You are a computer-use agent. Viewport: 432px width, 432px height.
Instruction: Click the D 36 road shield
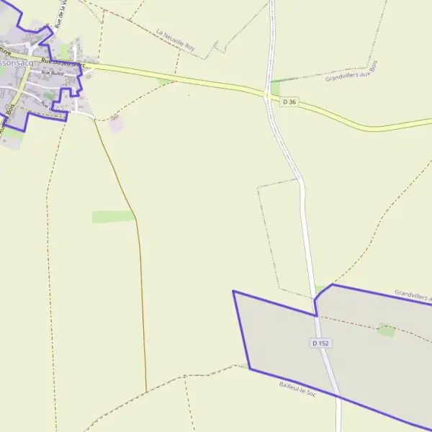click(x=289, y=102)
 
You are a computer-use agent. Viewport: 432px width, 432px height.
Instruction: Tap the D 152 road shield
click(x=321, y=343)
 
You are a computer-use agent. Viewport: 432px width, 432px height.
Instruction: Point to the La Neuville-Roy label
click(x=176, y=41)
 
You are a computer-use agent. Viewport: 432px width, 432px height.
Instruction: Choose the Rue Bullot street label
click(x=53, y=73)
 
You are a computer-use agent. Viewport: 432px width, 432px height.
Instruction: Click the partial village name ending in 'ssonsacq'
click(x=17, y=63)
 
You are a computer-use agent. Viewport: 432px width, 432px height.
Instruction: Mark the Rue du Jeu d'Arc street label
click(x=63, y=64)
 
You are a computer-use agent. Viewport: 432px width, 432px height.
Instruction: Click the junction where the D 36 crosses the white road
click(x=267, y=94)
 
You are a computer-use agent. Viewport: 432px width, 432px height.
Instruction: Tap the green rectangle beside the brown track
click(x=113, y=217)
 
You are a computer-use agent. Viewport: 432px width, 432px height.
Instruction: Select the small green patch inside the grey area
click(x=387, y=330)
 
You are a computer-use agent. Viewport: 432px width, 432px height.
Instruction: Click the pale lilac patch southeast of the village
click(x=116, y=123)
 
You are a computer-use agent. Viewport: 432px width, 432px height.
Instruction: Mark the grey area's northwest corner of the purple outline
click(x=233, y=292)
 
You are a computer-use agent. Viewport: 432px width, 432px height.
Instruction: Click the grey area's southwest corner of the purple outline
click(x=250, y=369)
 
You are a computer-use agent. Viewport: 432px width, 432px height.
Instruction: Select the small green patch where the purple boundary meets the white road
click(x=320, y=289)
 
